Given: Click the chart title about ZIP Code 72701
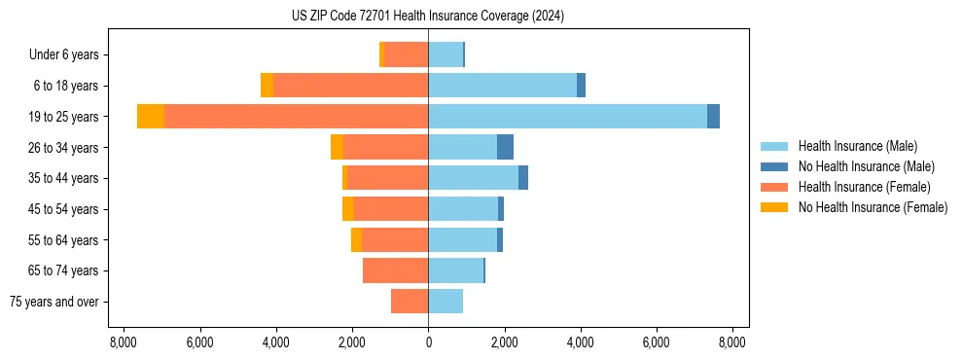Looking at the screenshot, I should coord(427,17).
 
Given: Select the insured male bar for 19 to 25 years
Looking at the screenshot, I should coord(567,117).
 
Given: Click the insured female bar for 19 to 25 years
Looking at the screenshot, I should coord(296,117).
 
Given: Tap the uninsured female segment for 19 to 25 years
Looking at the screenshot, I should coord(151,117).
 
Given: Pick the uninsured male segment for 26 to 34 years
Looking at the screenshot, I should coord(505,147).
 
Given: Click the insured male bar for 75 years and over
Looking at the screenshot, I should coord(446,302).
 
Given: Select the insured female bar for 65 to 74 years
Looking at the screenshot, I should coord(395,270).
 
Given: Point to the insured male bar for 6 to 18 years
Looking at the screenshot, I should coord(502,86).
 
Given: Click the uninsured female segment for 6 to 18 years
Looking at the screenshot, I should coord(267,86).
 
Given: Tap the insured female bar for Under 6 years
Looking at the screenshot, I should coord(406,54).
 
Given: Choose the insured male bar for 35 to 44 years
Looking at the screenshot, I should coord(473,178).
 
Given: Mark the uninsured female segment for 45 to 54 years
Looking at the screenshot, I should coord(348,209).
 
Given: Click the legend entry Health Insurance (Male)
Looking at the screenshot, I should coord(857,146).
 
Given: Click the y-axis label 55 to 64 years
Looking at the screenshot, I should coord(63,240).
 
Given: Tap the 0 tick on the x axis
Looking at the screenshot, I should coord(428,342).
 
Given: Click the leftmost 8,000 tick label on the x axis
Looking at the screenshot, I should coord(124,342).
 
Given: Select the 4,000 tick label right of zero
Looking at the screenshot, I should coord(580,342).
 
